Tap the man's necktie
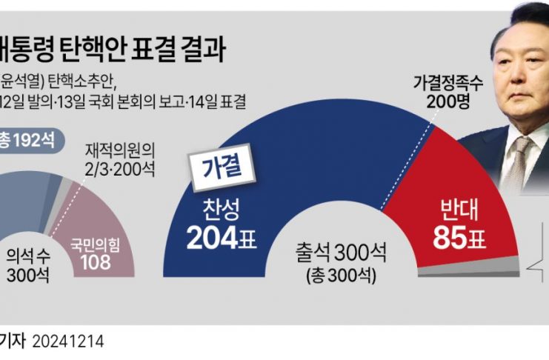(519, 159)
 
